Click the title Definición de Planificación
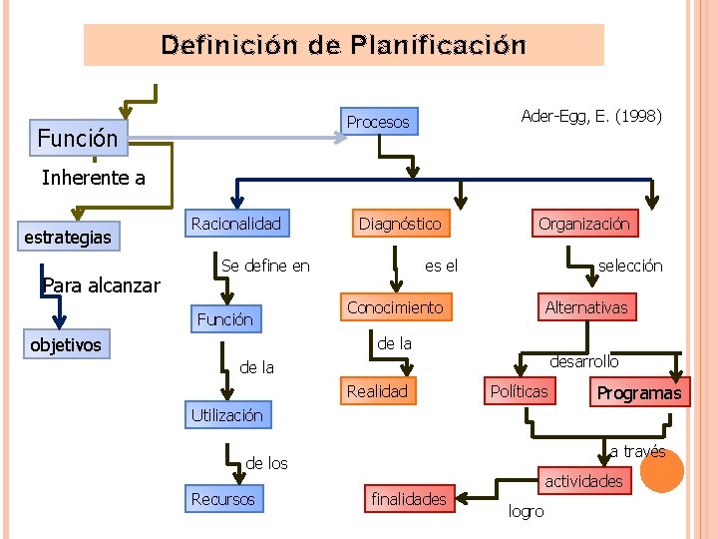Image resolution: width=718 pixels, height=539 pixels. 344,45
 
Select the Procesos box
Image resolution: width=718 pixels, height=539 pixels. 378,123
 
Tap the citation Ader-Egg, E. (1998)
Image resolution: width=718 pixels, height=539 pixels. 591,117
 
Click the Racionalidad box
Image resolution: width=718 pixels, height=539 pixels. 236,224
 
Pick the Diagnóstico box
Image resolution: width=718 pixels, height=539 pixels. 400,224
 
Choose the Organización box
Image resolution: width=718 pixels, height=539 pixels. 584,224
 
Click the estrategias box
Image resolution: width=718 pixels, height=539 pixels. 68,239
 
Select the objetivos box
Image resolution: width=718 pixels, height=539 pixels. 66,345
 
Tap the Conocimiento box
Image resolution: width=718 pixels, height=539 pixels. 395,307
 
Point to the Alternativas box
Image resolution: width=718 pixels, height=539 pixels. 586,307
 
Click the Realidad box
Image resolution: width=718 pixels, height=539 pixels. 377,391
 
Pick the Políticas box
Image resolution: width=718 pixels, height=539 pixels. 519,391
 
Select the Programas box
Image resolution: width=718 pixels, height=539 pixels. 639,392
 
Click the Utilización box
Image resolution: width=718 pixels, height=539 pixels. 226,415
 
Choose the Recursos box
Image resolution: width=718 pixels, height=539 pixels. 223,499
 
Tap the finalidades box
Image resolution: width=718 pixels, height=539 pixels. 409,499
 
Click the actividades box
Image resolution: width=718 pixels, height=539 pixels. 583,481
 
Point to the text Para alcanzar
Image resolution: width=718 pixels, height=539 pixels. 102,286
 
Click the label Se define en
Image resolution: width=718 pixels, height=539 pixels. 265,266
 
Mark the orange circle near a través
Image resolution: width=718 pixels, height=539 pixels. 661,469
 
